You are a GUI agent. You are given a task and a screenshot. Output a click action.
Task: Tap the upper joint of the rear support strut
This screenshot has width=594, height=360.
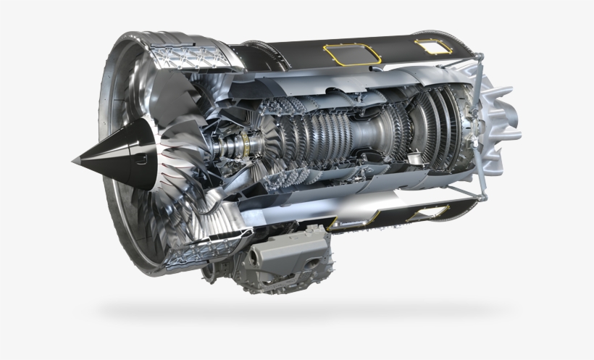479,68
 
